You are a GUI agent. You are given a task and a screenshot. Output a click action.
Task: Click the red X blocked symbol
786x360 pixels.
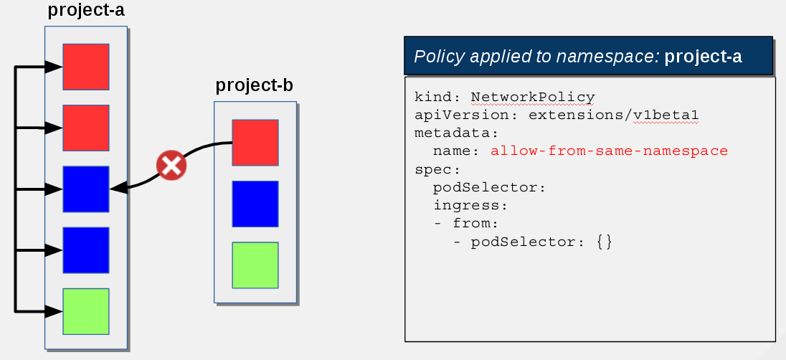click(x=171, y=166)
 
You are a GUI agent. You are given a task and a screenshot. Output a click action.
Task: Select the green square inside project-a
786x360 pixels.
click(x=86, y=311)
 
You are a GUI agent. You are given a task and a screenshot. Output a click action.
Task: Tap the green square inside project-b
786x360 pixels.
click(x=255, y=265)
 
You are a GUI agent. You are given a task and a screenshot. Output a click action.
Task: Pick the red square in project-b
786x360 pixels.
click(x=255, y=143)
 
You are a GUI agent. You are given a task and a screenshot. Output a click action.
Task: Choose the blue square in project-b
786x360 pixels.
click(x=255, y=204)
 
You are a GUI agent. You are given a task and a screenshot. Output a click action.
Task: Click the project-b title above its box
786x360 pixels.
click(x=254, y=86)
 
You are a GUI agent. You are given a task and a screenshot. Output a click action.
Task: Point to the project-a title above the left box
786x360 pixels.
click(x=86, y=10)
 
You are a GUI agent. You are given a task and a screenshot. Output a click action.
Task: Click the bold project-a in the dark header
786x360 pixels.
click(x=703, y=57)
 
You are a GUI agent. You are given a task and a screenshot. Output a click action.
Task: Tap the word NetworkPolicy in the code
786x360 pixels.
click(x=533, y=97)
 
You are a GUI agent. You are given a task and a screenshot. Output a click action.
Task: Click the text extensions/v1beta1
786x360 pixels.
click(x=614, y=115)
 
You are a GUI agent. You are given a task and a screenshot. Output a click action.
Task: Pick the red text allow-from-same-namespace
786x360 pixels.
click(x=609, y=151)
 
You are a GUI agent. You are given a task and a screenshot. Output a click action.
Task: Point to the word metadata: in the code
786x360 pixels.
click(x=457, y=133)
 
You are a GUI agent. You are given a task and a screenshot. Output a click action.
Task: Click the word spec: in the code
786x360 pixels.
click(x=437, y=169)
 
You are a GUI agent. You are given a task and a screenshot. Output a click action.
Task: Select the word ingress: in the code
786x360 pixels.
click(x=470, y=205)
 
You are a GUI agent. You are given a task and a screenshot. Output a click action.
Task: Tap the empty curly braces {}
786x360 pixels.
click(x=605, y=242)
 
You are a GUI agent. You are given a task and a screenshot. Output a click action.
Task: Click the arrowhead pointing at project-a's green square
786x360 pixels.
click(x=54, y=311)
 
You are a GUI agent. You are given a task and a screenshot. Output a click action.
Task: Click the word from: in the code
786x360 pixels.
click(x=475, y=223)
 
